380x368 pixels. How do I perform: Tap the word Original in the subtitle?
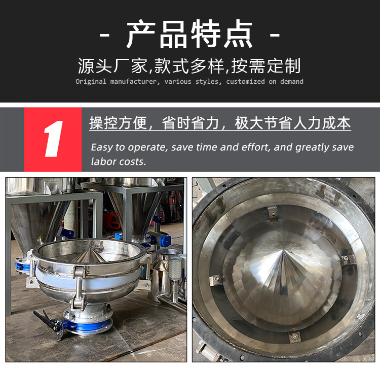coord(91,82)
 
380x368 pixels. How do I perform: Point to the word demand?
coord(291,82)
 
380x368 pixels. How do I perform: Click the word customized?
coord(245,82)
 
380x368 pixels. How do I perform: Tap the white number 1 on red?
coord(53,139)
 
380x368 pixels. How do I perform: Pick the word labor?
coord(102,161)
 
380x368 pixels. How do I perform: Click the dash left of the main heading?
coord(105,35)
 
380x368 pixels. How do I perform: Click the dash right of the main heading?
coord(275,35)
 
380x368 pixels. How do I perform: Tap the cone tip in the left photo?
coord(91,248)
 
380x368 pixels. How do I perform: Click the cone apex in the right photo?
coord(283,251)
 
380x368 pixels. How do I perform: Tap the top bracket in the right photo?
coord(273,213)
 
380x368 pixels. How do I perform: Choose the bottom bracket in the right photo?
coord(294,336)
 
